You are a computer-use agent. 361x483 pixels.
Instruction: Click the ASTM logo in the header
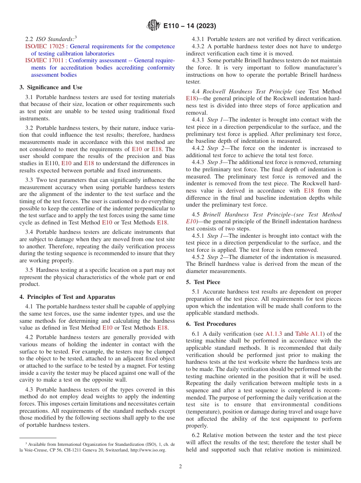(153, 26)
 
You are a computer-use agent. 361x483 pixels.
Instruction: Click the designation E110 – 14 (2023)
(190, 26)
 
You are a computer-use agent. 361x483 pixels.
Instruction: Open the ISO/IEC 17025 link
(44, 46)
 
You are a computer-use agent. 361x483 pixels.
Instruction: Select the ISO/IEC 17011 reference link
(44, 60)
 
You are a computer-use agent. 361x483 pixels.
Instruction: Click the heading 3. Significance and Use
(51, 87)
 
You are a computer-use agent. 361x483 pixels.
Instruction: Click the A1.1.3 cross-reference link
(274, 334)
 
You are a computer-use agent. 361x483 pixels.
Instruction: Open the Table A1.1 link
(309, 334)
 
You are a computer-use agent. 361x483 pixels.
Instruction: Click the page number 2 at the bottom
(180, 467)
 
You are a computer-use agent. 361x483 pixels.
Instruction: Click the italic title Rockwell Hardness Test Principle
(247, 92)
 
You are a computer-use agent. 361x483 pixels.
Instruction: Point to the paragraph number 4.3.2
(197, 46)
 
